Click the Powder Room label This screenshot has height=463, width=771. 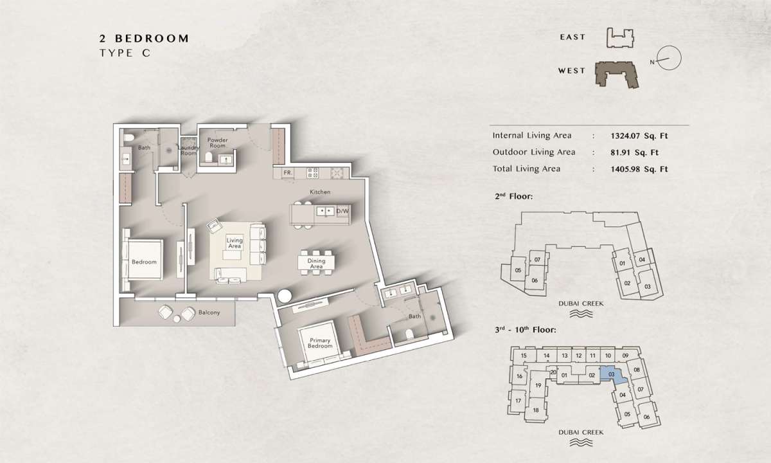click(218, 143)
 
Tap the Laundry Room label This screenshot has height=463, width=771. click(189, 150)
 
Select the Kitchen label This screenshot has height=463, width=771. click(320, 192)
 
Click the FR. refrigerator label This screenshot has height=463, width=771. click(288, 172)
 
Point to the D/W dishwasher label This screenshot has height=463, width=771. click(342, 211)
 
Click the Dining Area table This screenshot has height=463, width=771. click(316, 263)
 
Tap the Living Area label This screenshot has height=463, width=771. click(235, 243)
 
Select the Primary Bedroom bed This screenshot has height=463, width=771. click(320, 343)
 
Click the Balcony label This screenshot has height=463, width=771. click(209, 313)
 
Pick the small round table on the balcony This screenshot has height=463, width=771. click(177, 319)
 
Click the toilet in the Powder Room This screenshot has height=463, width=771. click(209, 158)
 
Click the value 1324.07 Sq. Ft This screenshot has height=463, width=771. click(639, 136)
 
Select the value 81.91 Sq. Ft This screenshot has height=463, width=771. click(634, 152)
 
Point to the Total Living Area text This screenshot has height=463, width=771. click(526, 168)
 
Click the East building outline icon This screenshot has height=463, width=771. click(620, 38)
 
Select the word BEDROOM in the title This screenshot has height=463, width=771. click(152, 38)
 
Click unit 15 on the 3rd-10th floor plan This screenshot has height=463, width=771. click(524, 356)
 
